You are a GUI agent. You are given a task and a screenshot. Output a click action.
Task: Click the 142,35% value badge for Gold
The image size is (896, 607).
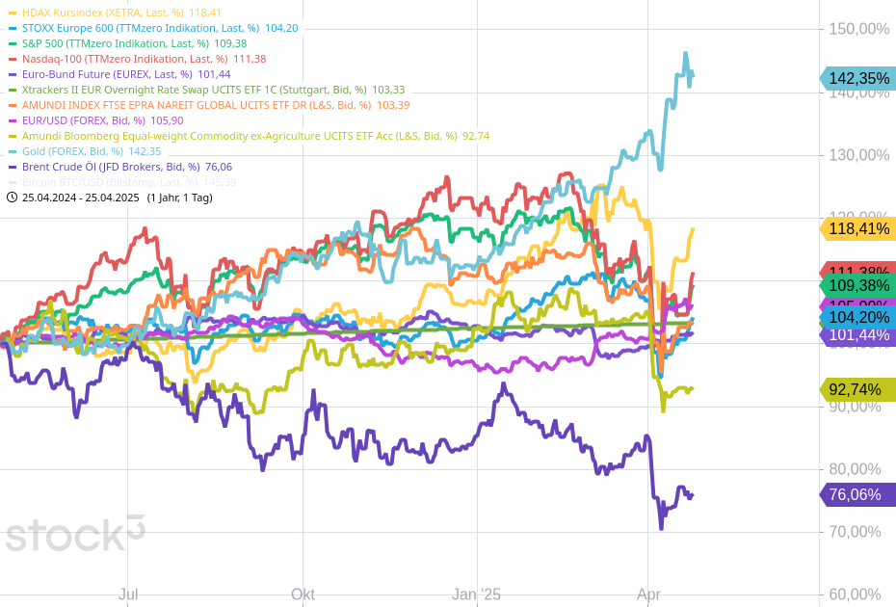pyautogui.click(x=857, y=79)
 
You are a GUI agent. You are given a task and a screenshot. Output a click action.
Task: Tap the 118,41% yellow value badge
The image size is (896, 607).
pyautogui.click(x=857, y=228)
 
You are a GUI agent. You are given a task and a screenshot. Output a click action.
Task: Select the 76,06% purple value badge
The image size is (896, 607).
pyautogui.click(x=857, y=494)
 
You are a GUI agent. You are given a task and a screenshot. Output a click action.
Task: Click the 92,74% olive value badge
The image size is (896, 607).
pyautogui.click(x=857, y=389)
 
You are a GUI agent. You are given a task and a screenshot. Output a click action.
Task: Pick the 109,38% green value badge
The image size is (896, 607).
pyautogui.click(x=857, y=286)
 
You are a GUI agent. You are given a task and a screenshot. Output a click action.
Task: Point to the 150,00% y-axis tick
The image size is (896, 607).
pyautogui.click(x=859, y=29)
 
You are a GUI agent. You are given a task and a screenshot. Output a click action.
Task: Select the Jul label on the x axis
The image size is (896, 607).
pyautogui.click(x=128, y=594)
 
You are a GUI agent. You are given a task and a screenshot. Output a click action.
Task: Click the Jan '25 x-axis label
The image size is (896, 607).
pyautogui.click(x=477, y=594)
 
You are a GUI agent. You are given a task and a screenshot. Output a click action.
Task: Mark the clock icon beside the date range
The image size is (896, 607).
pyautogui.click(x=12, y=198)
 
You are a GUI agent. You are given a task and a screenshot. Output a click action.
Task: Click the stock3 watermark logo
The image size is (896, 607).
pyautogui.click(x=75, y=534)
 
